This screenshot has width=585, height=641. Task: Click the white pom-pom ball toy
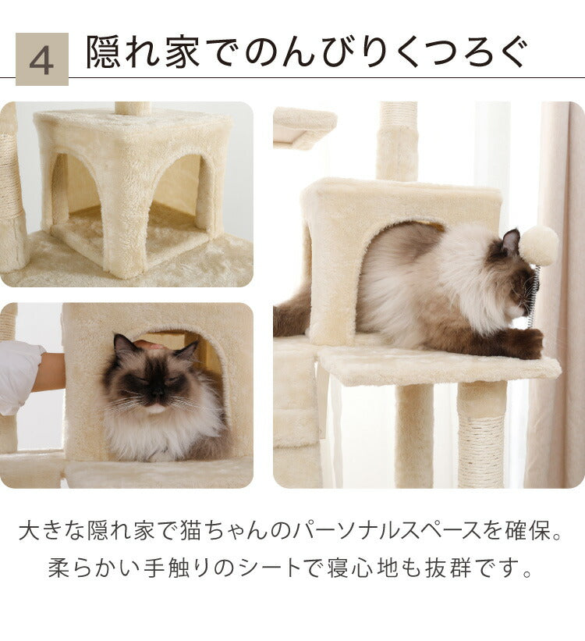coord(539,245)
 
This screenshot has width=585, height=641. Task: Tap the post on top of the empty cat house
coord(133,108)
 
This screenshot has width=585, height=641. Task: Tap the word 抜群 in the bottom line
coord(445,568)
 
